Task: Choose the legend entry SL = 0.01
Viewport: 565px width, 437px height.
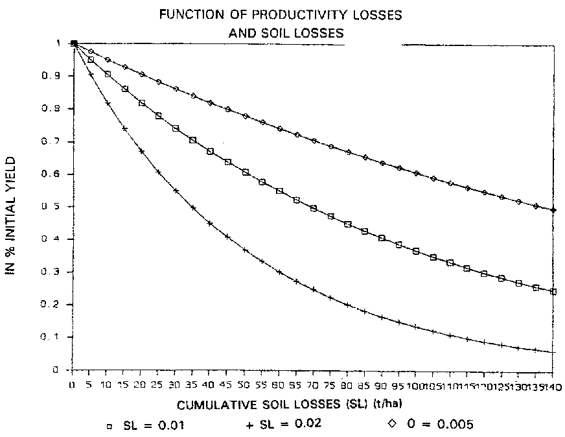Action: click(152, 425)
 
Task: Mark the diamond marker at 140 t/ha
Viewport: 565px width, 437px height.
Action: click(553, 210)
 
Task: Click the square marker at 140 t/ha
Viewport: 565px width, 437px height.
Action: click(553, 292)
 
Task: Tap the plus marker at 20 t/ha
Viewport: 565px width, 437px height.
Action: click(142, 151)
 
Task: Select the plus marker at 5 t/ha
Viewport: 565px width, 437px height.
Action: click(91, 75)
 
